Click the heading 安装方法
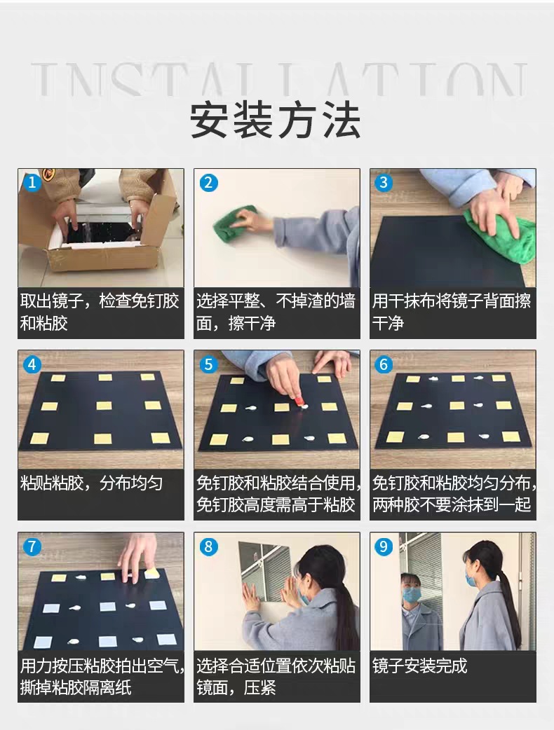[276, 120]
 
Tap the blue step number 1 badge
[32, 182]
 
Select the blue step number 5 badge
[208, 364]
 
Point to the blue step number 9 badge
[384, 546]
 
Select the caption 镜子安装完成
[419, 666]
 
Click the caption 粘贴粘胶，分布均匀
[91, 483]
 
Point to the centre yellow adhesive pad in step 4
[104, 406]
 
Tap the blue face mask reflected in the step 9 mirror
[412, 594]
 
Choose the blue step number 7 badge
[32, 546]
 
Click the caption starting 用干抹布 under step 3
[452, 312]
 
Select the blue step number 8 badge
[208, 546]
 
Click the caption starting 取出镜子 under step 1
[100, 312]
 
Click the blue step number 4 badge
[32, 364]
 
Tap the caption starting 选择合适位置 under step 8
[276, 677]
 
